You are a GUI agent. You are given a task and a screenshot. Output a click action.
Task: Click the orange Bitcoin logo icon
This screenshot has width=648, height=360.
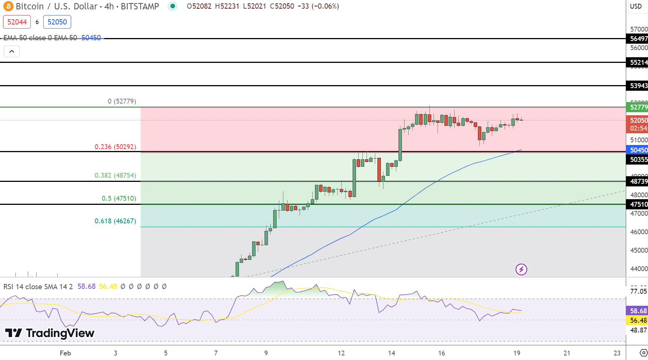(8, 6)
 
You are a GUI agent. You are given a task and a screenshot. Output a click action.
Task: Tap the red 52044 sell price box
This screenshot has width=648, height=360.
(17, 22)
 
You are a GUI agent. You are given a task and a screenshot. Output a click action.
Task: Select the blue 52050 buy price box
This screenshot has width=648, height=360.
(57, 22)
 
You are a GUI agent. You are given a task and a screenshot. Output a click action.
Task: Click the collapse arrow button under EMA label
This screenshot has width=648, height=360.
(12, 51)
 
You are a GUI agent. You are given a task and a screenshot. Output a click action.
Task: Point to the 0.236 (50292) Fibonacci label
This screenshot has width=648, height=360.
(115, 147)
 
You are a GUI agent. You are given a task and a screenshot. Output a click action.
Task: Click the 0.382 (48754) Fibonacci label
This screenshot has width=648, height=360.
(115, 175)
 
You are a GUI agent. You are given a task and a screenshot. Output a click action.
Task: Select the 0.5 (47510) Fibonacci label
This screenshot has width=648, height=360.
(119, 198)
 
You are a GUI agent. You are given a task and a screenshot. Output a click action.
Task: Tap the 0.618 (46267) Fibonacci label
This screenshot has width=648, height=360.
(115, 221)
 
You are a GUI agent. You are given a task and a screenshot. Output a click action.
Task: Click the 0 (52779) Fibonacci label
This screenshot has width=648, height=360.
(122, 101)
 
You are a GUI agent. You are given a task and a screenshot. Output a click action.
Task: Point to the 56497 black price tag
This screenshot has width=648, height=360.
(638, 38)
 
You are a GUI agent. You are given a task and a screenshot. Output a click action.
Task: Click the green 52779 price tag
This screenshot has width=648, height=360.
(638, 107)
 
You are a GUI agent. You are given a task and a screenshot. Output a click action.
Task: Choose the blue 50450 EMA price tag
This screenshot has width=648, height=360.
(638, 150)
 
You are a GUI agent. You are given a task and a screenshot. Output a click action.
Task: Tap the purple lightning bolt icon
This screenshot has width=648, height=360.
(521, 269)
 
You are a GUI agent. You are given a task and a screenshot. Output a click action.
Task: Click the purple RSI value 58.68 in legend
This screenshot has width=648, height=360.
(87, 287)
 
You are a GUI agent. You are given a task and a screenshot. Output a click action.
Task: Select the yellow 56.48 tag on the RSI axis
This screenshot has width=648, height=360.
(638, 320)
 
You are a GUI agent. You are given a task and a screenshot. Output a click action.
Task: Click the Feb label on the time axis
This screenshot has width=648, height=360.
(65, 353)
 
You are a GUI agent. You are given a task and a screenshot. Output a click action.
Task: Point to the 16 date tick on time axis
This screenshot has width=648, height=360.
(441, 353)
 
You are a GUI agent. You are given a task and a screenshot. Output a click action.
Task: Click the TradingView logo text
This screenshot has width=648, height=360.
(60, 333)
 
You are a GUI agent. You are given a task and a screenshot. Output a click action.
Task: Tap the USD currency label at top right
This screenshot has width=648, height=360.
(636, 6)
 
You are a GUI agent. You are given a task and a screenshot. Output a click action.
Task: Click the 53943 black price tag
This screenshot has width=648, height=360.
(638, 86)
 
